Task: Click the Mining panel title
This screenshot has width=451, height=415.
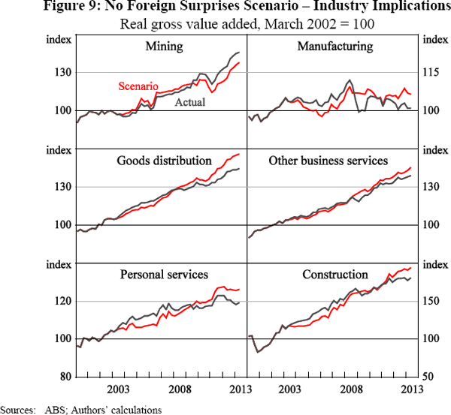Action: coord(164,47)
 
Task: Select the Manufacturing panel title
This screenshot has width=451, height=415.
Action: coord(335,47)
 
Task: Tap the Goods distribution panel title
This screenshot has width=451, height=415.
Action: coord(164,161)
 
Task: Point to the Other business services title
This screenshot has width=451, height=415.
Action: coord(328,161)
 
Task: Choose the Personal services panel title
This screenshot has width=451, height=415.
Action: coord(164,275)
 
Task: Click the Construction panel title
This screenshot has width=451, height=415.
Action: coord(335,275)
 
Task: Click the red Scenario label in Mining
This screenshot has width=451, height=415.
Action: coord(138,87)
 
